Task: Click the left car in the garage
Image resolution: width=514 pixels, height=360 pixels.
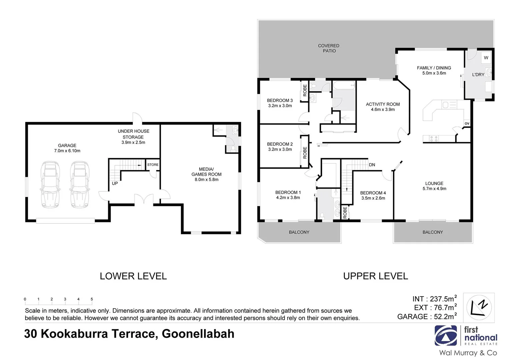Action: click(x=50, y=185)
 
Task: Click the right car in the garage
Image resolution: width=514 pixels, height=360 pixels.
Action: click(x=79, y=185)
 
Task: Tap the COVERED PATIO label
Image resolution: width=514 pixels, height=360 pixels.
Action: click(x=329, y=48)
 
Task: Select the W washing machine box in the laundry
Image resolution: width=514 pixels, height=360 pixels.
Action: click(x=486, y=58)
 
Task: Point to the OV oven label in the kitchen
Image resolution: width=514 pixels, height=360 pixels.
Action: click(x=467, y=123)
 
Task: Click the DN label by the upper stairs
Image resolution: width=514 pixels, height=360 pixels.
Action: click(x=372, y=165)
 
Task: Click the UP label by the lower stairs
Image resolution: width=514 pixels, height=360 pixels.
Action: click(x=115, y=183)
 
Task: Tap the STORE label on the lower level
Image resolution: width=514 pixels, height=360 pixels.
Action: click(x=153, y=165)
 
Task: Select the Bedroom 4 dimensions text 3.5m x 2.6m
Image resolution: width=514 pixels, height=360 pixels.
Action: click(x=373, y=198)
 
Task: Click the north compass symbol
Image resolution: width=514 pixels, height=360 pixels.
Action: click(x=478, y=307)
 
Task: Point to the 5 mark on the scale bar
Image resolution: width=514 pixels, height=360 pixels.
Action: click(x=92, y=299)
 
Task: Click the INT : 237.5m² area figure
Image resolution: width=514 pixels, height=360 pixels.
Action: click(x=434, y=299)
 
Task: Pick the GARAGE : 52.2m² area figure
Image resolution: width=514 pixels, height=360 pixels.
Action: click(x=427, y=316)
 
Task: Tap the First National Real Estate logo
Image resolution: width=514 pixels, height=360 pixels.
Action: click(x=466, y=336)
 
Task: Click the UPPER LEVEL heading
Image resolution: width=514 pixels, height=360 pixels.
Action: click(x=375, y=276)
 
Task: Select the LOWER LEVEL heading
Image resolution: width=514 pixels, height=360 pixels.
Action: click(x=133, y=276)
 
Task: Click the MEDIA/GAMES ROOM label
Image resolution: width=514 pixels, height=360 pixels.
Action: click(x=206, y=172)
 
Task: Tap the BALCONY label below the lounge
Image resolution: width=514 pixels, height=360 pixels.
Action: click(x=432, y=232)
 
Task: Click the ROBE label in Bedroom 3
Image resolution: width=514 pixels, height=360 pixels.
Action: click(x=305, y=90)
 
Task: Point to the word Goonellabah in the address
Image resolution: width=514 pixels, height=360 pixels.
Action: click(x=198, y=334)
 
